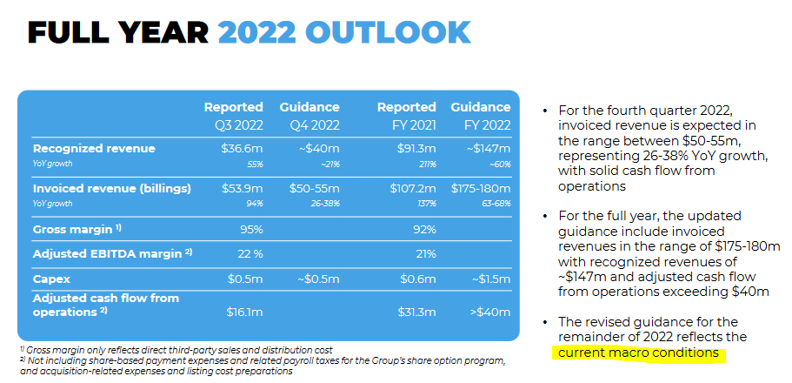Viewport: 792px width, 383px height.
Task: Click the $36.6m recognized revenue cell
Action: (x=244, y=149)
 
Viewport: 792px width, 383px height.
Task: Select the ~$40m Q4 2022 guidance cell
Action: (x=319, y=149)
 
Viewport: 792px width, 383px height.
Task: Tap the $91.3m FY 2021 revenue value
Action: (x=417, y=149)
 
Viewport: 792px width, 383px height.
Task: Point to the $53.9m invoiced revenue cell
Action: (x=244, y=188)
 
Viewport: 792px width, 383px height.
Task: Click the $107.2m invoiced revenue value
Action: (x=414, y=188)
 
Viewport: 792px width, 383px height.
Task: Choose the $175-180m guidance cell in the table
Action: (x=481, y=188)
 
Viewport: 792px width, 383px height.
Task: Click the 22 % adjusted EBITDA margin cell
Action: (x=248, y=253)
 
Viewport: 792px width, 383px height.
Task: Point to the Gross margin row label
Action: (x=74, y=229)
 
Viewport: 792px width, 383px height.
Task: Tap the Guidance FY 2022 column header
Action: (x=481, y=116)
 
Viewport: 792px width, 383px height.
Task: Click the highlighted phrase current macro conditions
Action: (x=638, y=353)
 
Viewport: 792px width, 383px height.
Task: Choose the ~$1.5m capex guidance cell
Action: (x=491, y=280)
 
